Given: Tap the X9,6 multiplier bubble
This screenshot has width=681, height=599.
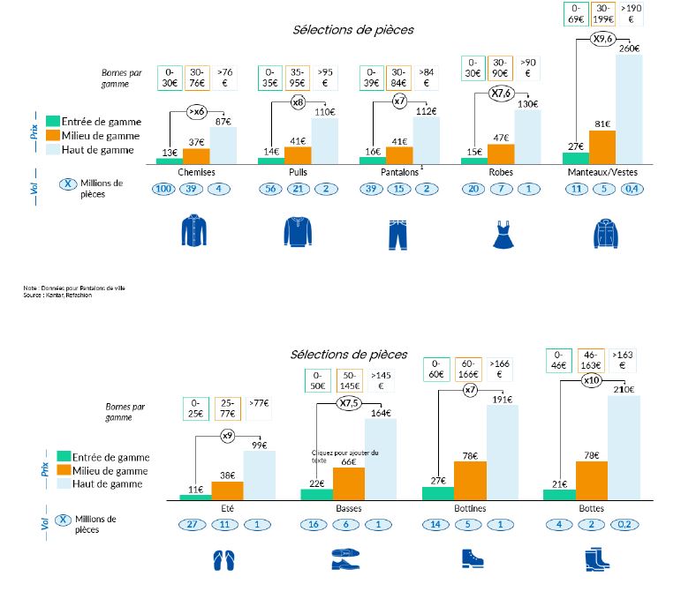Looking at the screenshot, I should pyautogui.click(x=603, y=40).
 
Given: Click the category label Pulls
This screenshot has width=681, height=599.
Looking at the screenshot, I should pyautogui.click(x=298, y=172).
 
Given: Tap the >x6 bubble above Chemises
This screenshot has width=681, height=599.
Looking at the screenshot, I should pyautogui.click(x=197, y=112).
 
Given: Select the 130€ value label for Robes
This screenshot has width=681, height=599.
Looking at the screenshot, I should pyautogui.click(x=527, y=104).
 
